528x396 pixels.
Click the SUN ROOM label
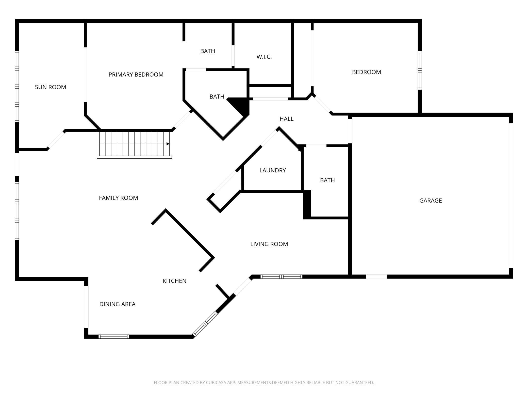tap(50, 87)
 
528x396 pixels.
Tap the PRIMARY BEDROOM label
tap(136, 75)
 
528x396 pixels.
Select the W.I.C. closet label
tap(264, 57)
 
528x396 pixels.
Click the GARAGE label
tap(430, 201)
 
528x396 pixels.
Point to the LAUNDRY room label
tap(273, 170)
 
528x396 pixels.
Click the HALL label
tap(286, 119)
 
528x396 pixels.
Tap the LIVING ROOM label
tap(269, 244)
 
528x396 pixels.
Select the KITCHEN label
tap(174, 281)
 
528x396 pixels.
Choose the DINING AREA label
tap(117, 304)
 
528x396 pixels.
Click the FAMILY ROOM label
tap(118, 198)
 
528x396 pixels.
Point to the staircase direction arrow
tap(168, 144)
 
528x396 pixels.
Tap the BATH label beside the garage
tap(327, 180)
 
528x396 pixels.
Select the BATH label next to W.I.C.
tap(207, 51)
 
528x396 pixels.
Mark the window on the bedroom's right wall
tap(420, 70)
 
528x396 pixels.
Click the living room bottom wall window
tap(281, 277)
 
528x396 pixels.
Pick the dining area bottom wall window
tap(114, 337)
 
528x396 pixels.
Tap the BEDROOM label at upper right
tap(366, 72)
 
